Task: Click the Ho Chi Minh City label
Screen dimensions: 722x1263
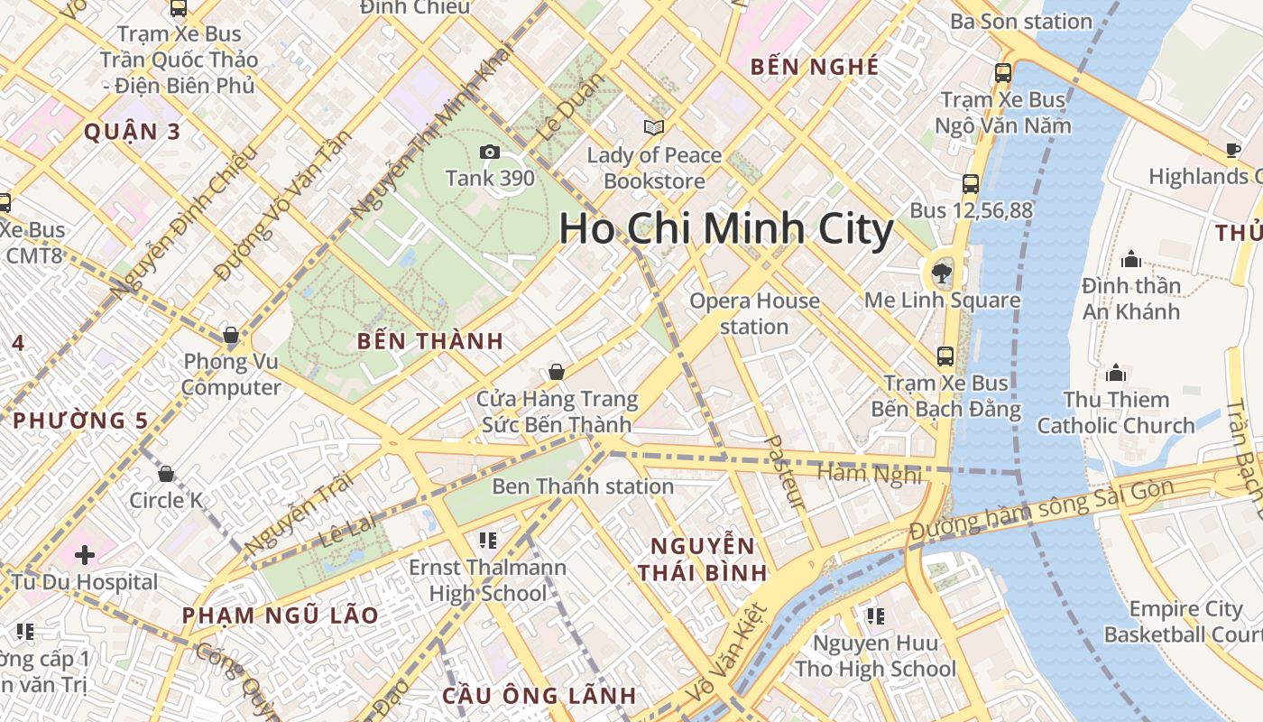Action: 726,228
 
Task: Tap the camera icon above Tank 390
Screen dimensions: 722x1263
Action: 490,152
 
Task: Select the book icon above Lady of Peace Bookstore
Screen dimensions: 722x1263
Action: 654,128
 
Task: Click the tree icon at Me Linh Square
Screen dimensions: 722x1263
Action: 942,272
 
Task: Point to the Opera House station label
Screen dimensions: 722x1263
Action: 754,313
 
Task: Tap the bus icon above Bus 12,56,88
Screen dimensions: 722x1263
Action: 971,184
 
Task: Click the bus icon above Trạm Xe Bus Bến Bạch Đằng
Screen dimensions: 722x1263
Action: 945,356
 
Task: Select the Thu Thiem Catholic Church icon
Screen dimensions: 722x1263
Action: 1116,373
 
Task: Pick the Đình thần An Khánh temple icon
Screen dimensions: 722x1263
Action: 1131,260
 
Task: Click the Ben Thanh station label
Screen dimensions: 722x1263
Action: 582,486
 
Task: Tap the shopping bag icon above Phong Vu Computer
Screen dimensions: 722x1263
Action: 231,336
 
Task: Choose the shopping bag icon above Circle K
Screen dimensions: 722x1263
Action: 166,474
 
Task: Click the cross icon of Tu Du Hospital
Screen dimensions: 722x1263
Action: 85,554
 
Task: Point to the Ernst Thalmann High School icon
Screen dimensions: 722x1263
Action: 488,541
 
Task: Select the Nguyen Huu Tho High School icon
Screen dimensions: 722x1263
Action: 874,616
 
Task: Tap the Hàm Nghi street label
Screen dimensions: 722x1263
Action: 870,474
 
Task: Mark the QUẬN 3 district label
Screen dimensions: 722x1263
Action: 133,132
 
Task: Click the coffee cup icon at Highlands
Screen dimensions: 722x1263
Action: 1233,150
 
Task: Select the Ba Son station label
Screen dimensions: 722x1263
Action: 1021,22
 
